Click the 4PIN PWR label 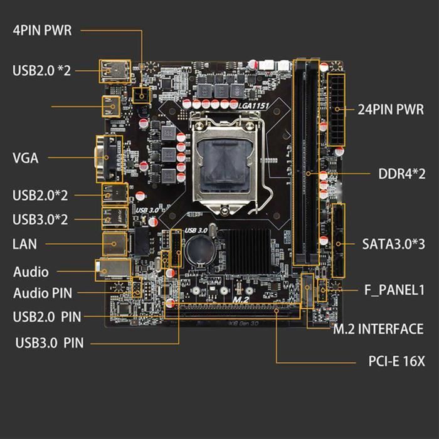coord(42,31)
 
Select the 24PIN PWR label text coord(391,108)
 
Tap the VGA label coord(26,158)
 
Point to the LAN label coord(25,243)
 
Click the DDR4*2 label coord(402,173)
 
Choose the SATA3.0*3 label coord(394,243)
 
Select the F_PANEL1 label coord(395,290)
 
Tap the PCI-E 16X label coord(396,362)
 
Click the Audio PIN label coord(43,293)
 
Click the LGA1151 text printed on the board coord(253,106)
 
